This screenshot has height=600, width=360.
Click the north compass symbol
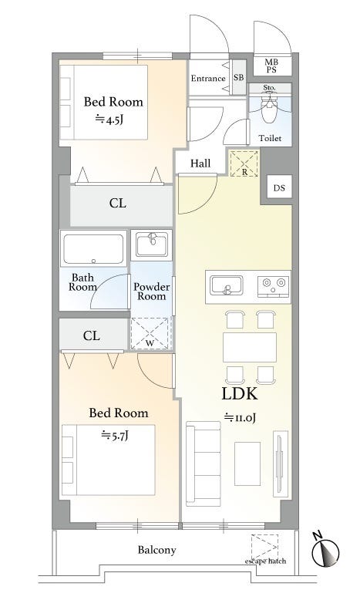[x=325, y=551]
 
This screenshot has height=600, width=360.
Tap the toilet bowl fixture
[x=270, y=109]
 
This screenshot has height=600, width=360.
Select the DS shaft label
[x=279, y=188]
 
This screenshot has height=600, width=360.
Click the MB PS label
[x=271, y=66]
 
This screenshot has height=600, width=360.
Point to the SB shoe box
[x=239, y=77]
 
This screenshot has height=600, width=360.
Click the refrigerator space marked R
[x=244, y=163]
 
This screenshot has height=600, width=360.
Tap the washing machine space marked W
[x=150, y=333]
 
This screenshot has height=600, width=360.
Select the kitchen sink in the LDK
[x=227, y=286]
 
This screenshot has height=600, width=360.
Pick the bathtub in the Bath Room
[x=94, y=249]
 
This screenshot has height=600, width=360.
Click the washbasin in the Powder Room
[x=151, y=244]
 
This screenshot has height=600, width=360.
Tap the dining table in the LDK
[x=250, y=347]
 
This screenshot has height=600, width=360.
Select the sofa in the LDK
[x=204, y=463]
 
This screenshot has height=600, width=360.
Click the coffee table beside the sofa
[x=247, y=463]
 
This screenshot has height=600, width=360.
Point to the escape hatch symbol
[x=264, y=548]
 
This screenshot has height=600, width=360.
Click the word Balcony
[x=156, y=550]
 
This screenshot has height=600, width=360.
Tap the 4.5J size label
[x=109, y=120]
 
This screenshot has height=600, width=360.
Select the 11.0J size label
[x=240, y=417]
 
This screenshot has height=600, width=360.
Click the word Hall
[x=200, y=163]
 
